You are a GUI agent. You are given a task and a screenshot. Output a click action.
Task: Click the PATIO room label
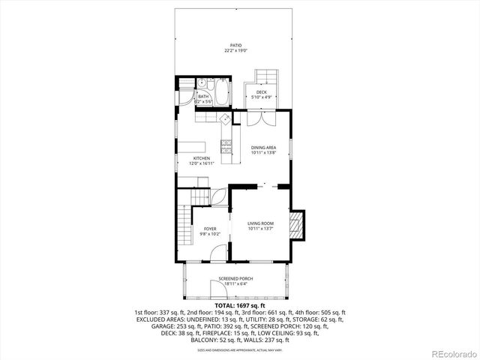(236, 47)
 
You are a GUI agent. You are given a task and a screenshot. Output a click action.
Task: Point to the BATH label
(203, 98)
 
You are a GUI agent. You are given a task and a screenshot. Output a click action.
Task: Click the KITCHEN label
(201, 160)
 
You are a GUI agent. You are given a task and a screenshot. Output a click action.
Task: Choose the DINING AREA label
(263, 150)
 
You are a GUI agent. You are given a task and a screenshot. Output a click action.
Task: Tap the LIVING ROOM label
(261, 226)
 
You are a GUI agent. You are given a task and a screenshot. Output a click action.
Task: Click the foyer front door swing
(217, 253)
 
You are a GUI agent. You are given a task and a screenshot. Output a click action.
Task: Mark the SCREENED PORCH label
(235, 280)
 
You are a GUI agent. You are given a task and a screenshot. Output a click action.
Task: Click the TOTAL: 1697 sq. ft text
(239, 306)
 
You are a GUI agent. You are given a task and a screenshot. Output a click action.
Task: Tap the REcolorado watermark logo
(454, 352)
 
